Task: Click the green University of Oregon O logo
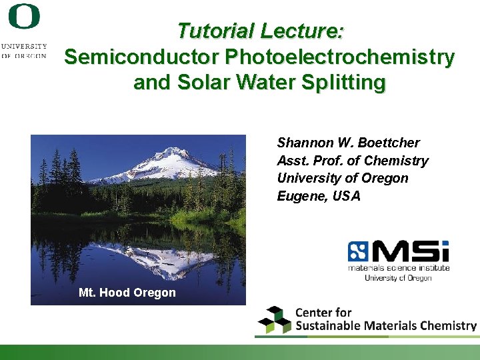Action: click(x=24, y=17)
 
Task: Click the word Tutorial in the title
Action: click(x=216, y=31)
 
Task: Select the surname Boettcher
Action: click(x=389, y=143)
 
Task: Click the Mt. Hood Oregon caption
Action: click(x=127, y=293)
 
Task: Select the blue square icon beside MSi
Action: click(x=359, y=253)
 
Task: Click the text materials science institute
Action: click(x=398, y=268)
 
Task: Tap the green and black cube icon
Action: click(x=274, y=319)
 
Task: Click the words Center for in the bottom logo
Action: click(x=323, y=312)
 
